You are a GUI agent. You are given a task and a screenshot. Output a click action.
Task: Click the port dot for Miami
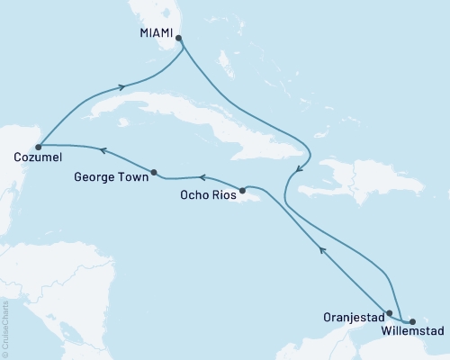[179, 39]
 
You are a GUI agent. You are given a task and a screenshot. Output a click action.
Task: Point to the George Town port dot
[155, 173]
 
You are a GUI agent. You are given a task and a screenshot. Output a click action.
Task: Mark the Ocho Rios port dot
[243, 190]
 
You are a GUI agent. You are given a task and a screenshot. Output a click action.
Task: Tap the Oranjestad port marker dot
[389, 314]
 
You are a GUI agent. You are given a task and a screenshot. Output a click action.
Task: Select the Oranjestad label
[352, 317]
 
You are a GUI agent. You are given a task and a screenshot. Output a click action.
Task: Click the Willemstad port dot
[412, 320]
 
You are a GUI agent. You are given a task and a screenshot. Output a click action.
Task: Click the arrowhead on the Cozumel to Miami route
[120, 87]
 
